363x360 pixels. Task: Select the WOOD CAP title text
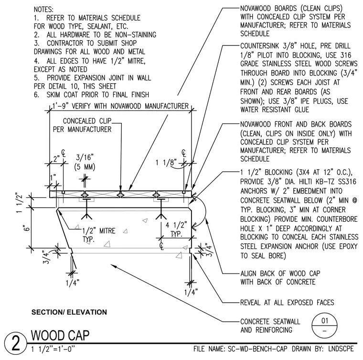[x=60, y=336]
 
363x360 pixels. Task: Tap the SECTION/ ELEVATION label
[x=69, y=312]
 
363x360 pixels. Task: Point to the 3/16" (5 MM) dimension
[x=85, y=162]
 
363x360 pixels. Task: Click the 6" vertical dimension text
[x=27, y=228]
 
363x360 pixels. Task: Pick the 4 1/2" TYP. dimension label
[x=176, y=229]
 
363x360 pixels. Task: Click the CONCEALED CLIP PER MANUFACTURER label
[x=82, y=125]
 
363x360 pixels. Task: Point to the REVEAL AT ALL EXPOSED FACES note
[x=287, y=303]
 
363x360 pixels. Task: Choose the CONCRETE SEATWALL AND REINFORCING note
[x=270, y=326]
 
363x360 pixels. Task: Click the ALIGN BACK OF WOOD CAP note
[x=280, y=278]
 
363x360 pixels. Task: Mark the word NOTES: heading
[x=43, y=10]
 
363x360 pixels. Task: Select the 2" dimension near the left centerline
[x=56, y=159]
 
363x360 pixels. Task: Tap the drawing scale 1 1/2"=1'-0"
[x=53, y=349]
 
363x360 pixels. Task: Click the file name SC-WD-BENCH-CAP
[x=257, y=349]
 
